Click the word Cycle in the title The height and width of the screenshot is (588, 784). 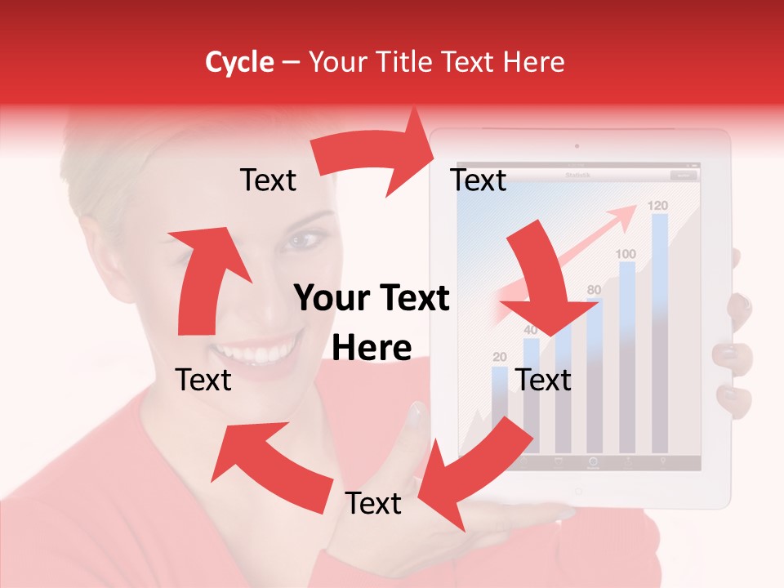coord(239,62)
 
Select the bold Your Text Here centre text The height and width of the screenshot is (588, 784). coord(372,323)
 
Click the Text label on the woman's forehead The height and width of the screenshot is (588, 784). coord(268,180)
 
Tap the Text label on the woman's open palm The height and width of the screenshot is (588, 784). coord(373,503)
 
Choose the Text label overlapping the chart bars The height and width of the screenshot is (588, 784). coord(543,380)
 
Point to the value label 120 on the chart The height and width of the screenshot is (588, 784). coord(658,205)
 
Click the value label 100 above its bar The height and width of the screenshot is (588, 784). coord(626,254)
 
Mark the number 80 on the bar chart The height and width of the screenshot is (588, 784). coord(594,289)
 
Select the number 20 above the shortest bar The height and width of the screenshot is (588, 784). coord(499,357)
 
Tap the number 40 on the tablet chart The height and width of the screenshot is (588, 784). coord(531,330)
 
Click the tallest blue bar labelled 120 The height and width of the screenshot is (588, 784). coord(660,327)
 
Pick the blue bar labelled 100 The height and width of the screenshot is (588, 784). coord(627,351)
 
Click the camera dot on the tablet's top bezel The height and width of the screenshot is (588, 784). coord(577,147)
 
